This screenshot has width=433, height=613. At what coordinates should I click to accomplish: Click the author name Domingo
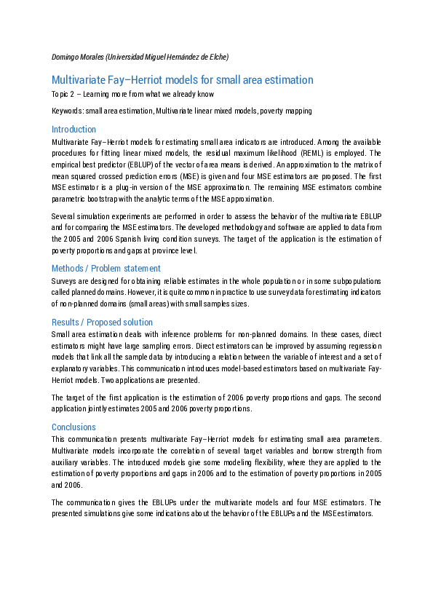(67, 57)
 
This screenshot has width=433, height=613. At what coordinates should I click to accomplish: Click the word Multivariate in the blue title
(81, 80)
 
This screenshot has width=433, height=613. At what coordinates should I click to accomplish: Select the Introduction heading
(74, 129)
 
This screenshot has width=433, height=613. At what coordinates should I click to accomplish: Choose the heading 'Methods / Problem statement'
(103, 268)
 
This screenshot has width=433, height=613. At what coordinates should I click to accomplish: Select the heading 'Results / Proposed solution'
(103, 322)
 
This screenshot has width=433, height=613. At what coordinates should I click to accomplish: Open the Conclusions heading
(74, 427)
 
